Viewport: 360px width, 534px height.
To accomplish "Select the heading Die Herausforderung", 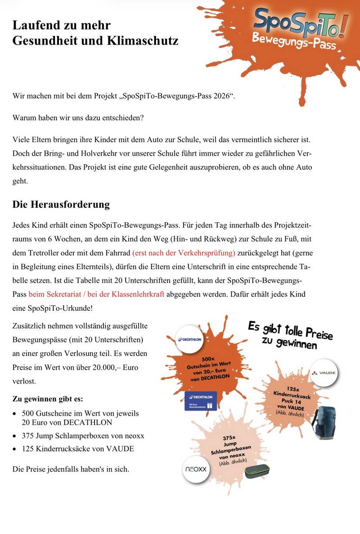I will [x=61, y=204].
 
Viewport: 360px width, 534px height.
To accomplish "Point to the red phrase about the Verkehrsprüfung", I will [x=184, y=252].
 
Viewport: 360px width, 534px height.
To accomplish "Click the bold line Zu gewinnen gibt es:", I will [x=48, y=399].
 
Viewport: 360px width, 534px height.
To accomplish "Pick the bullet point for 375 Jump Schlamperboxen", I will [x=83, y=435].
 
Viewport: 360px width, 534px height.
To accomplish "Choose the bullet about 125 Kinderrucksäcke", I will [x=78, y=449].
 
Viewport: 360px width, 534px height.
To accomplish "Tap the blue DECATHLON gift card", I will [x=202, y=400].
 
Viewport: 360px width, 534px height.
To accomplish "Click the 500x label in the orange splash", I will [x=207, y=359].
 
